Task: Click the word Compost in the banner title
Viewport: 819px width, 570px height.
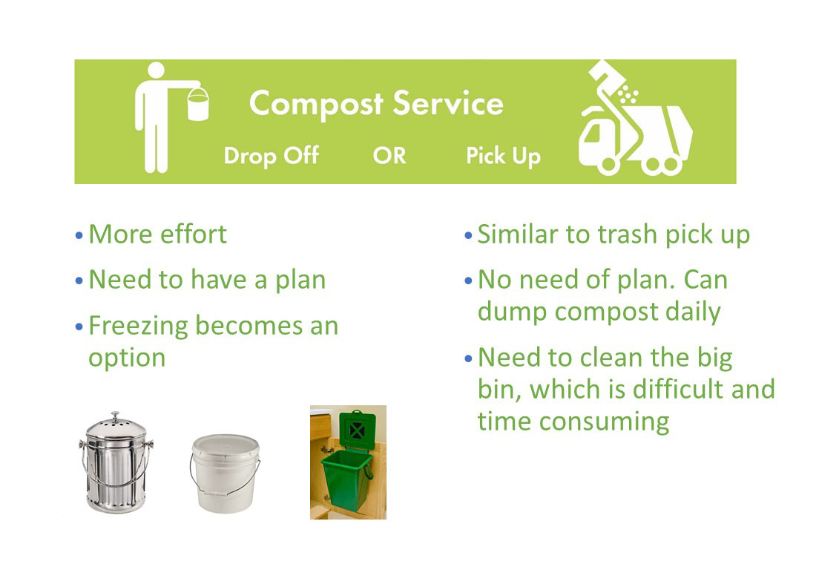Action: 316,104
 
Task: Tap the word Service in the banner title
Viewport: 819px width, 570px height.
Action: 448,103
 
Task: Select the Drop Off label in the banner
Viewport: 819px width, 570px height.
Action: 271,156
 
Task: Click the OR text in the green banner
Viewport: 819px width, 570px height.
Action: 389,155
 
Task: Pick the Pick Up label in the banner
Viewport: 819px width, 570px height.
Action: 503,156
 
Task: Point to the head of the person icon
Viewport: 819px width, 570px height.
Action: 156,70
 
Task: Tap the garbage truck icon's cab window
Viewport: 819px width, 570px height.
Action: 592,134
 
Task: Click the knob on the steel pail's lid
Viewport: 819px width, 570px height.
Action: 116,416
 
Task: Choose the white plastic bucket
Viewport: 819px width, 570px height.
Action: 225,473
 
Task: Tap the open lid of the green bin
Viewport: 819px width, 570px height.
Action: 358,430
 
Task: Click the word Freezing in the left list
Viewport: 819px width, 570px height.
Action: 138,326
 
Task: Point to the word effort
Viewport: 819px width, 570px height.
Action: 194,234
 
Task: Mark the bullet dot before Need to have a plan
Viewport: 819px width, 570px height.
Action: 79,281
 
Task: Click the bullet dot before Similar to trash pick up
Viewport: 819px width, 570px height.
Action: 468,235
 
